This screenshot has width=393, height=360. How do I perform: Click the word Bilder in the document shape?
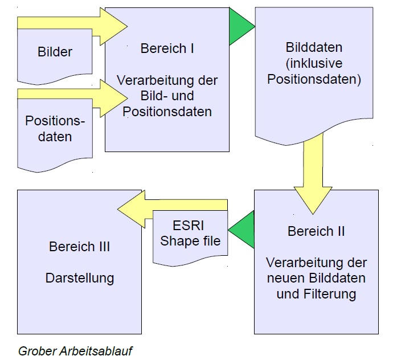pyautogui.click(x=55, y=52)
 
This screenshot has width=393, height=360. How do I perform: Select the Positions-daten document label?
pyautogui.click(x=55, y=129)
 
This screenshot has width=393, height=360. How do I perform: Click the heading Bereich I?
pyautogui.click(x=167, y=48)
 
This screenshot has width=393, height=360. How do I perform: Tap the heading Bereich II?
pyautogui.click(x=316, y=231)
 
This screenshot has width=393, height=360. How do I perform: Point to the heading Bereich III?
pyautogui.click(x=79, y=247)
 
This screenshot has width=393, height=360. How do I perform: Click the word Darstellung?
pyautogui.click(x=79, y=278)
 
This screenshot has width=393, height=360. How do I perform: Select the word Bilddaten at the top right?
pyautogui.click(x=315, y=48)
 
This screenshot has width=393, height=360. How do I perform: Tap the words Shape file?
pyautogui.click(x=190, y=240)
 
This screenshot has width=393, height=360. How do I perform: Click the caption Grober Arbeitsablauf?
pyautogui.click(x=75, y=350)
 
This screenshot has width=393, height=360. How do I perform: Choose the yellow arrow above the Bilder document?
pyautogui.click(x=74, y=23)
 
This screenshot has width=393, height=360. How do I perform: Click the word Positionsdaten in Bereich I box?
pyautogui.click(x=167, y=111)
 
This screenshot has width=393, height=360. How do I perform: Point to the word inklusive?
pyautogui.click(x=315, y=64)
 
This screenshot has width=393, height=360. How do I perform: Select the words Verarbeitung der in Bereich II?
pyautogui.click(x=316, y=263)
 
